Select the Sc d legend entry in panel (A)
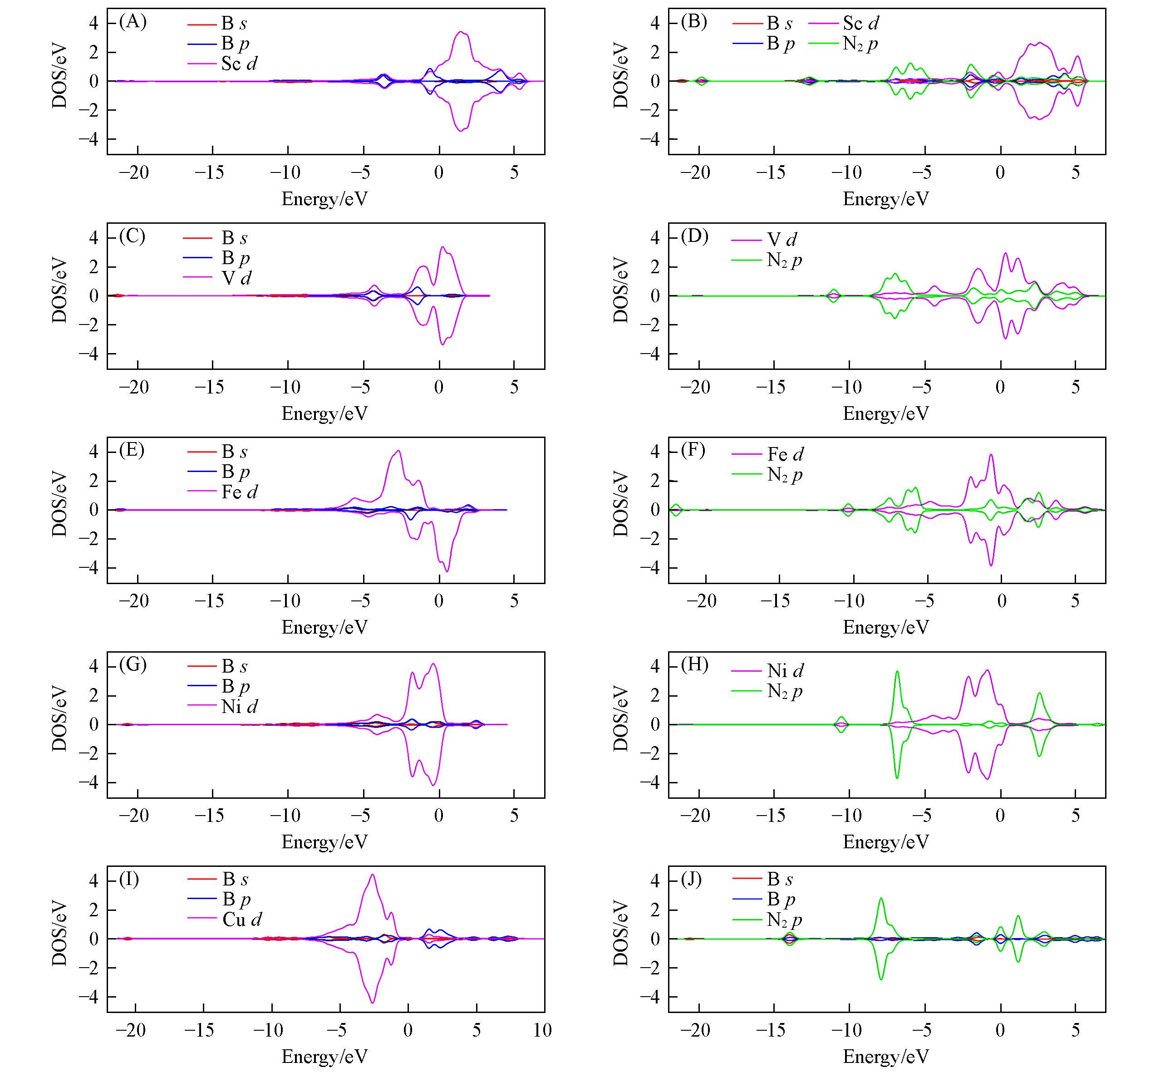pyautogui.click(x=238, y=64)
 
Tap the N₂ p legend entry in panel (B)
pyautogui.click(x=860, y=44)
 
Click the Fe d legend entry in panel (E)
pyautogui.click(x=239, y=492)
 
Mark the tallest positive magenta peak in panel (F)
pyautogui.click(x=990, y=455)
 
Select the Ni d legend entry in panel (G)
pyautogui.click(x=239, y=707)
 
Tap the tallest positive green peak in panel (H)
pyautogui.click(x=897, y=671)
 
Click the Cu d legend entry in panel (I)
pyautogui.click(x=241, y=920)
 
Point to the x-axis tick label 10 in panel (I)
pyautogui.click(x=542, y=1030)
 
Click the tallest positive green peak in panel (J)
pyautogui.click(x=881, y=899)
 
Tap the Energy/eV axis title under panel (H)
pyautogui.click(x=886, y=842)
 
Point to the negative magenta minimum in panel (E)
pyautogui.click(x=446, y=571)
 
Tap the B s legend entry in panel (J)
pyautogui.click(x=780, y=880)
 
